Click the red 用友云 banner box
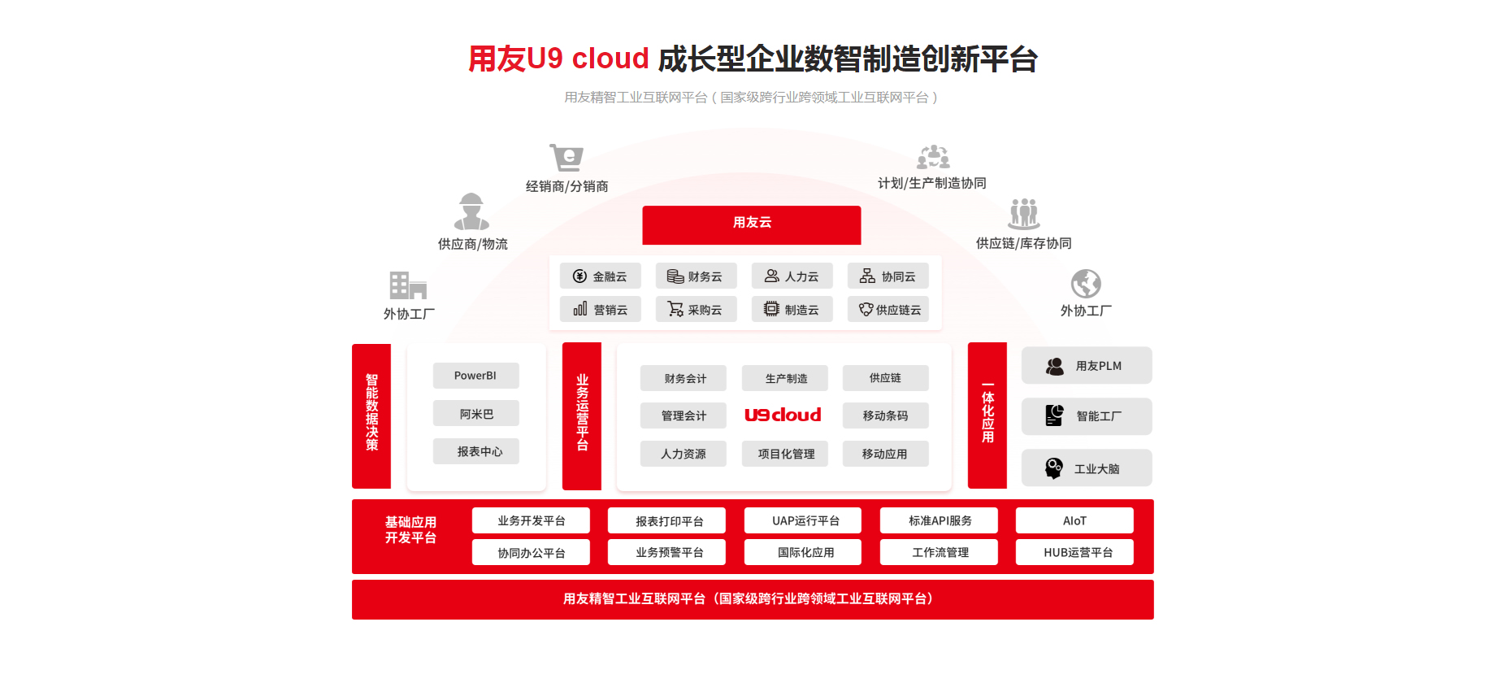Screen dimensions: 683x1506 [x=751, y=224]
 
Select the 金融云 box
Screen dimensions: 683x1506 [x=600, y=276]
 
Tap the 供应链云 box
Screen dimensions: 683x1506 [x=888, y=310]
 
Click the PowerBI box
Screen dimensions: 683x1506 [x=475, y=376]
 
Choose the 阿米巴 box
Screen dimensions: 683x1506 [x=475, y=414]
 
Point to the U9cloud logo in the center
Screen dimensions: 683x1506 [x=783, y=415]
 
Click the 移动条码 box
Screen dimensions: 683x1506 [x=885, y=415]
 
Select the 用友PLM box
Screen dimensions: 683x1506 [x=1086, y=366]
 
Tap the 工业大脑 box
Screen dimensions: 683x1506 [x=1086, y=468]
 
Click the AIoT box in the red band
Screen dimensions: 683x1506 [x=1074, y=520]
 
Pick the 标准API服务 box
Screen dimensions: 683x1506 [x=940, y=520]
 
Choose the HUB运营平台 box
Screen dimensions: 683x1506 [x=1074, y=553]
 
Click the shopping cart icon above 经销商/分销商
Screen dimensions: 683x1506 [x=566, y=157]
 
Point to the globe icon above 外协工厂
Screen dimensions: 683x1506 [x=1086, y=284]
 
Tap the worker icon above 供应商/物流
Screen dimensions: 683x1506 [x=471, y=211]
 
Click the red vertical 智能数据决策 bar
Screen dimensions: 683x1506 [x=371, y=415]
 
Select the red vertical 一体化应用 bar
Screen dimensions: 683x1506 [x=987, y=415]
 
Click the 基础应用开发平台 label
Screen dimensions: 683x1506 [x=410, y=529]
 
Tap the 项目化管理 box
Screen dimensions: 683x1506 [x=785, y=454]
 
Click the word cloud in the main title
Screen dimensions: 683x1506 [x=610, y=59]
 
